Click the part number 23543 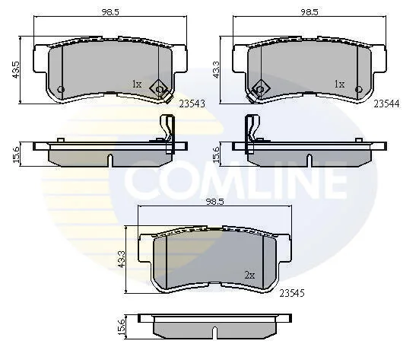[x=192, y=104]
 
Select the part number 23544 [x=386, y=104]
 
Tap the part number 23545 [x=292, y=293]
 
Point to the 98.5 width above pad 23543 [x=110, y=12]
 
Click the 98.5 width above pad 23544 [x=309, y=12]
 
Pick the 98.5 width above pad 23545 [x=215, y=202]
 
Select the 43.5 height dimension [x=16, y=70]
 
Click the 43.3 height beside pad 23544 [x=216, y=70]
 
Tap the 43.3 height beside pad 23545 [x=122, y=259]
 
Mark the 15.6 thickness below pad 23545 [x=122, y=327]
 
